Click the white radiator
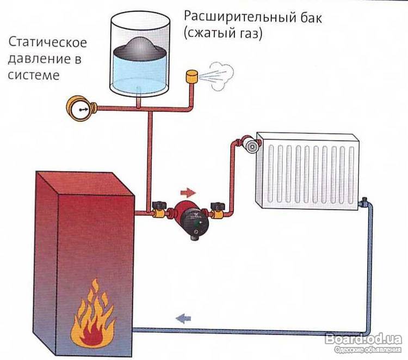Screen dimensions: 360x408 click(308, 169)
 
